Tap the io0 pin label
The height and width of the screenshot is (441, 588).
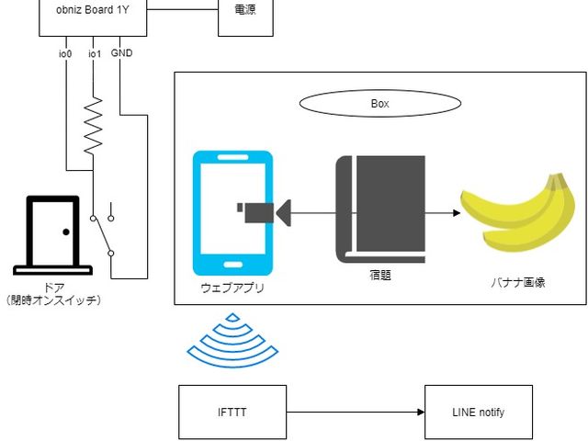[65, 54]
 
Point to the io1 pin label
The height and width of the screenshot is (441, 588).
[95, 54]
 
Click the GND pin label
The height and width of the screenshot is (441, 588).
[121, 53]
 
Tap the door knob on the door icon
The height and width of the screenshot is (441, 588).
[66, 232]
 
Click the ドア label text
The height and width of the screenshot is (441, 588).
[54, 288]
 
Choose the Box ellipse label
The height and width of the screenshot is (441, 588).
[379, 104]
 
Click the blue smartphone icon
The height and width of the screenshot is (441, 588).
[232, 213]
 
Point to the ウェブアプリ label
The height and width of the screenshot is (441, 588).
[232, 288]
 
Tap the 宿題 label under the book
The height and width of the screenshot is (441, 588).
[379, 274]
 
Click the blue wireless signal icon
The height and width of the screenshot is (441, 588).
[232, 340]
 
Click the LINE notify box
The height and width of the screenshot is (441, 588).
[478, 413]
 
